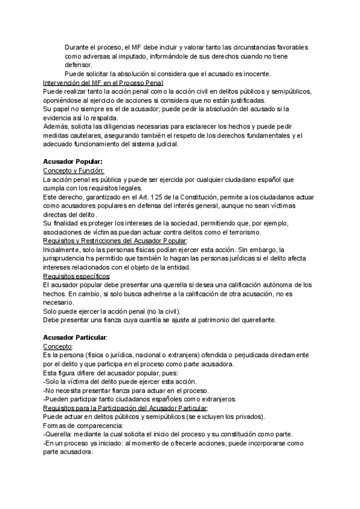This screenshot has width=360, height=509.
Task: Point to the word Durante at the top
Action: (x=79, y=47)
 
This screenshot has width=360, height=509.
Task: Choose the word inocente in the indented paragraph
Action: (x=255, y=74)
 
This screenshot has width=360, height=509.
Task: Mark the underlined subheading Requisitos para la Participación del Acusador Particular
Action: (x=125, y=408)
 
